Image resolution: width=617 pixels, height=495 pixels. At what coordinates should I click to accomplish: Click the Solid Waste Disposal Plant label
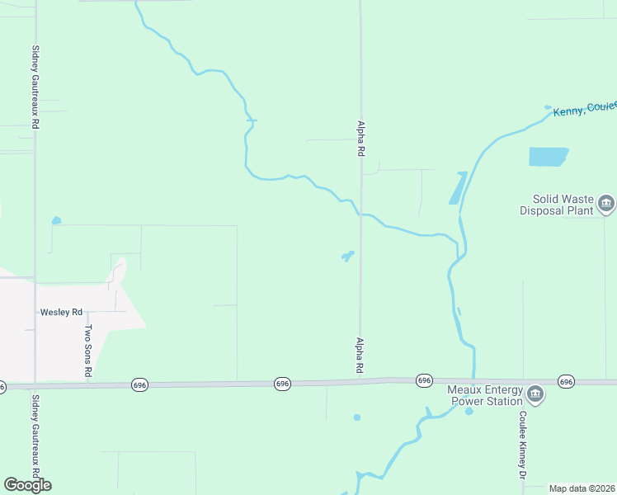(556, 205)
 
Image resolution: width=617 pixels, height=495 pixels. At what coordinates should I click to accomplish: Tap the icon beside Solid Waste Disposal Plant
(606, 203)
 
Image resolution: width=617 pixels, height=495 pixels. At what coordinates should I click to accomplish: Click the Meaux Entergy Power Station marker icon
(535, 395)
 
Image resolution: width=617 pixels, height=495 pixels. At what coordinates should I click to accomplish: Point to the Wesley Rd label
(62, 313)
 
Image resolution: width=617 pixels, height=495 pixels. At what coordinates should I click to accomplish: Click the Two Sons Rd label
(88, 351)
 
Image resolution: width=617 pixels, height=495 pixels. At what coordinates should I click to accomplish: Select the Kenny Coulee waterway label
(584, 110)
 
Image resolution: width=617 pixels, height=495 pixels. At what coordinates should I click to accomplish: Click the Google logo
(27, 485)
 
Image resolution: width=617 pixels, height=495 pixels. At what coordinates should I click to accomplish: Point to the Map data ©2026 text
(582, 488)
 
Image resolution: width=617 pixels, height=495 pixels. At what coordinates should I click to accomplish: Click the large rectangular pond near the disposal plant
(549, 156)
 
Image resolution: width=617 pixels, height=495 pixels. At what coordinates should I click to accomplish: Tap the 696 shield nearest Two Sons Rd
(139, 385)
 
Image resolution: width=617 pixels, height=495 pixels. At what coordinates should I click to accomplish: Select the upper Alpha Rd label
(360, 138)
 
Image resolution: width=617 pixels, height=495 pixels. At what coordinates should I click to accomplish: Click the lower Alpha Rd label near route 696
(360, 355)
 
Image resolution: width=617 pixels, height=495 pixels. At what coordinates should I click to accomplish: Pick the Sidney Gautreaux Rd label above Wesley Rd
(35, 86)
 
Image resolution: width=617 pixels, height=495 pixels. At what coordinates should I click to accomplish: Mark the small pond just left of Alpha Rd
(348, 257)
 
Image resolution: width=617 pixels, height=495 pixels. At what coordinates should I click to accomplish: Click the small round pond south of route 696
(357, 417)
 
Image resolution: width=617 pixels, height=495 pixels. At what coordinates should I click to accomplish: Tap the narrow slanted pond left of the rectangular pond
(457, 188)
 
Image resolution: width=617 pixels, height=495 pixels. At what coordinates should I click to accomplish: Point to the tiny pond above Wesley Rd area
(56, 220)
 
